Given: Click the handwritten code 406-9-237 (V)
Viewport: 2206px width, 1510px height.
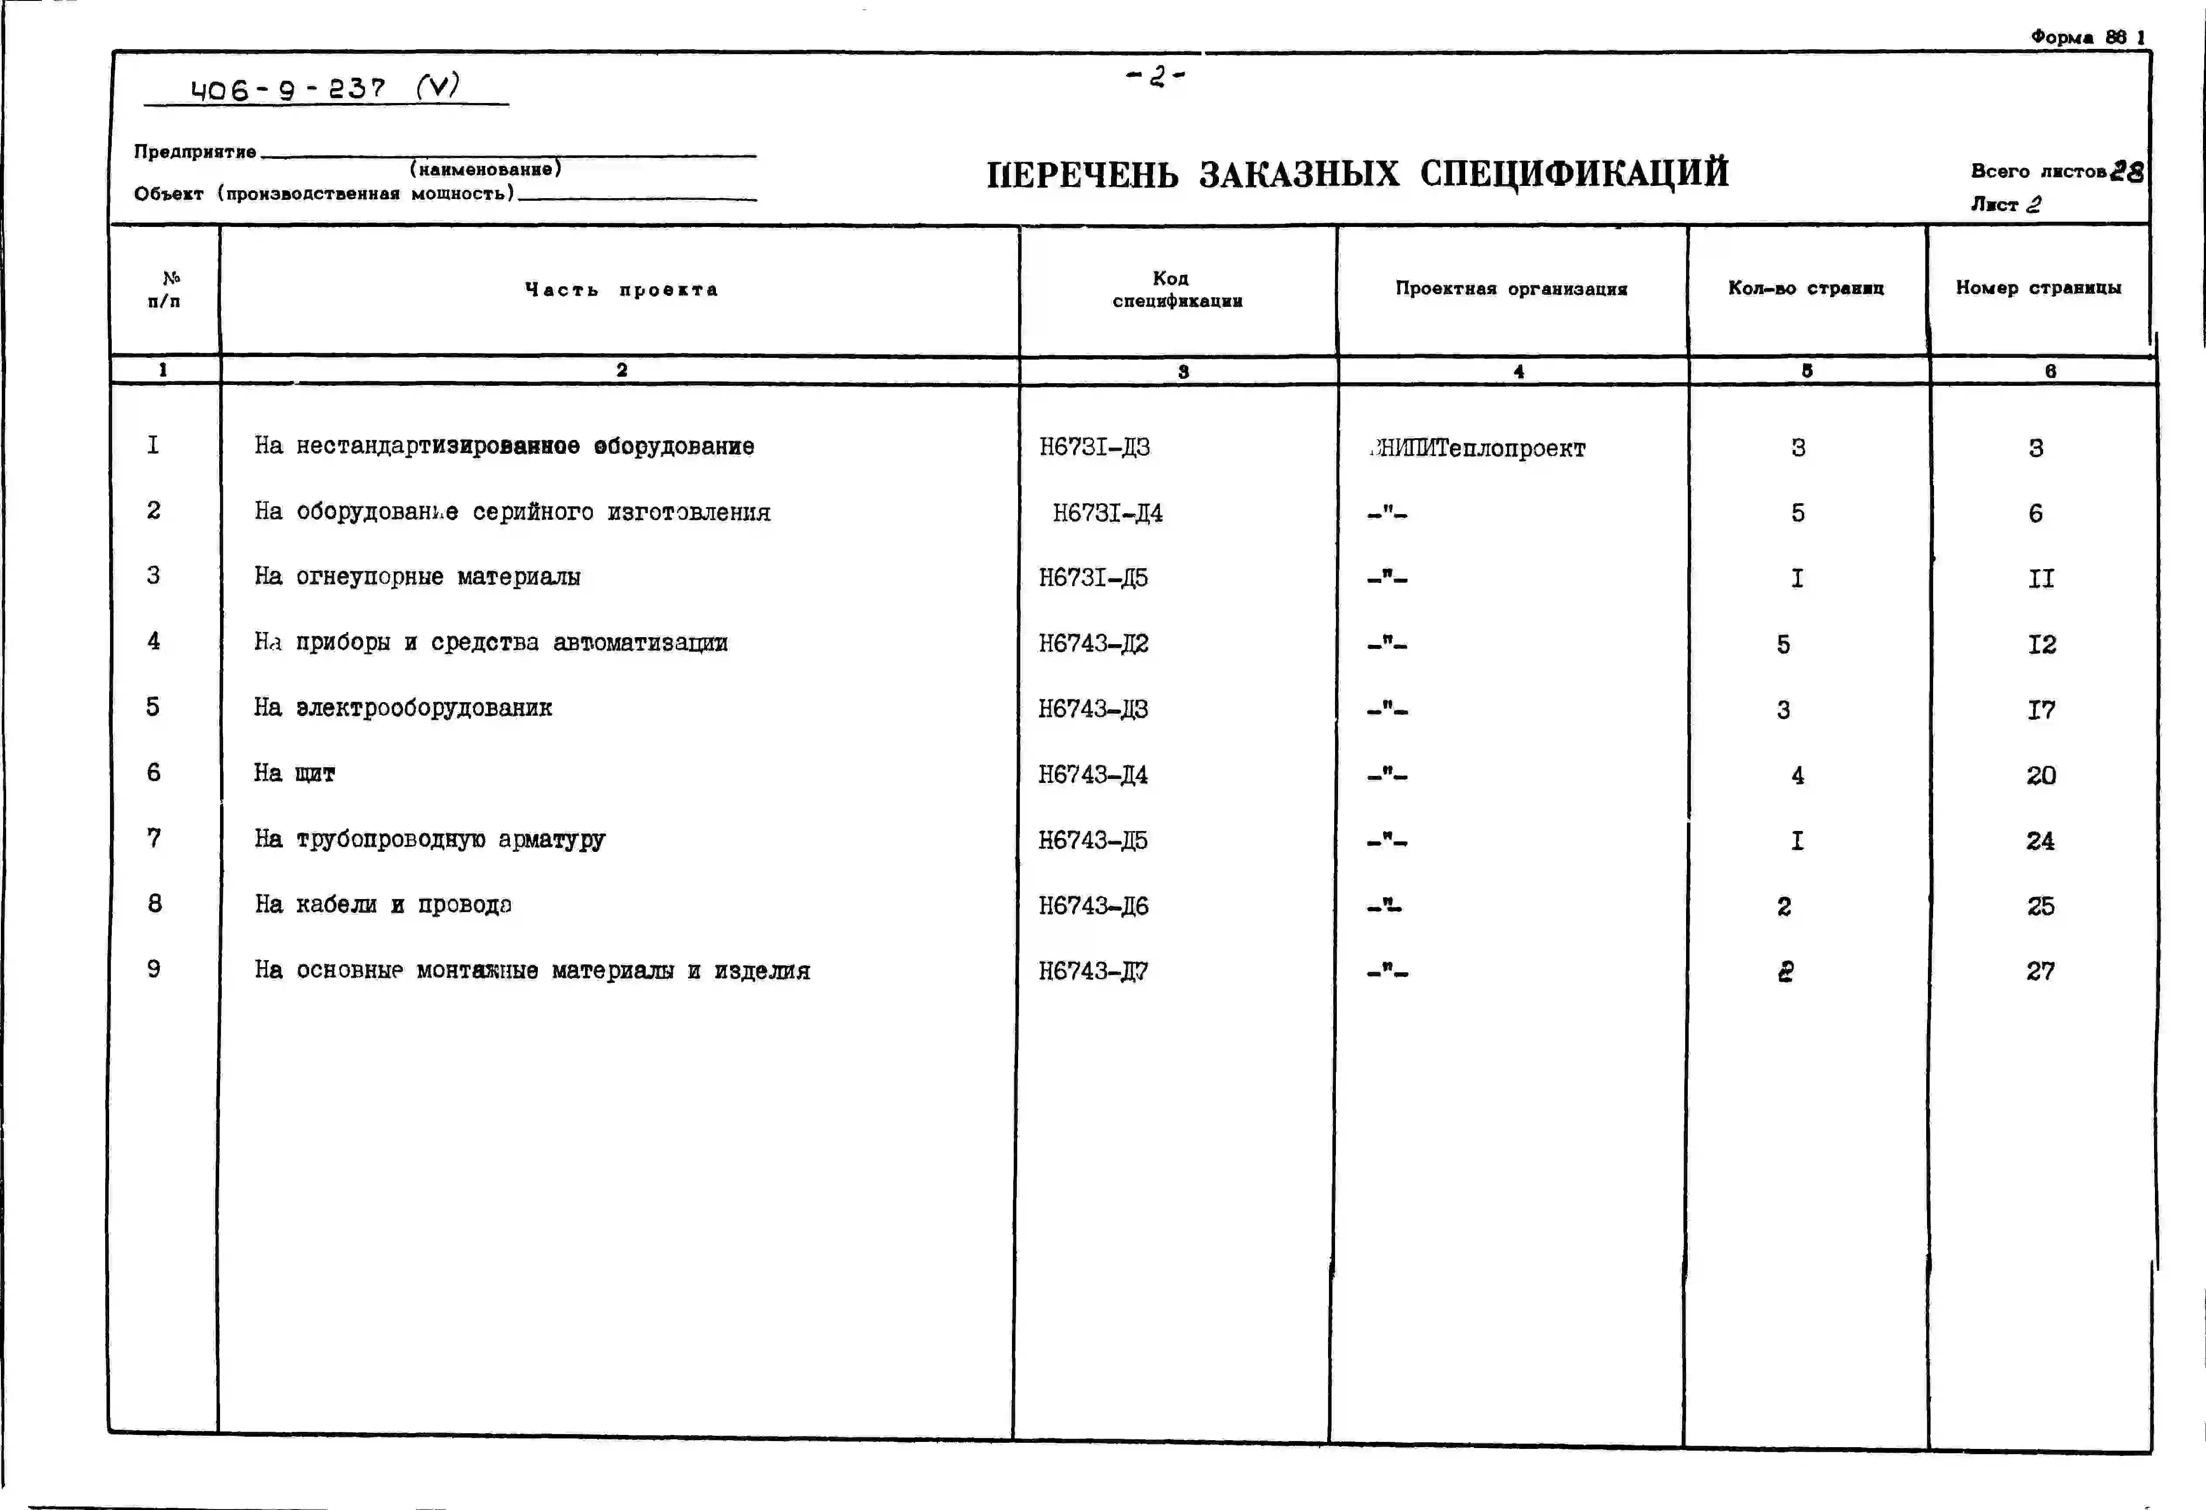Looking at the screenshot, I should [x=325, y=89].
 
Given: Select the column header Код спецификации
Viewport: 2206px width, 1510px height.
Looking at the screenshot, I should [x=1177, y=289].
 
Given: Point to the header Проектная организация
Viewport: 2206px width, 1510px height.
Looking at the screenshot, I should [x=1511, y=288].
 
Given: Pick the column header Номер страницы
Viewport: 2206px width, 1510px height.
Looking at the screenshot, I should [x=2038, y=288].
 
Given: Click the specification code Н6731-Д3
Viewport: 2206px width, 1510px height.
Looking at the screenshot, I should [x=1094, y=447].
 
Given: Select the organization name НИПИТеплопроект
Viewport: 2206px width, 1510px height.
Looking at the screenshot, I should [x=1479, y=448].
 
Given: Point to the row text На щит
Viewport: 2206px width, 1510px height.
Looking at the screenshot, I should [x=294, y=773].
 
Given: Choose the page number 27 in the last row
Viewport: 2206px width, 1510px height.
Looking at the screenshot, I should [x=2040, y=971].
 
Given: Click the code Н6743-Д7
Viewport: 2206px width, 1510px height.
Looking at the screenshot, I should [x=1093, y=971].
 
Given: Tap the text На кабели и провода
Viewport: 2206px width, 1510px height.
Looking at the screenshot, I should [x=382, y=905].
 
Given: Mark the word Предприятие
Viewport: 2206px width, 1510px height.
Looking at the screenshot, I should [x=195, y=152].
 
